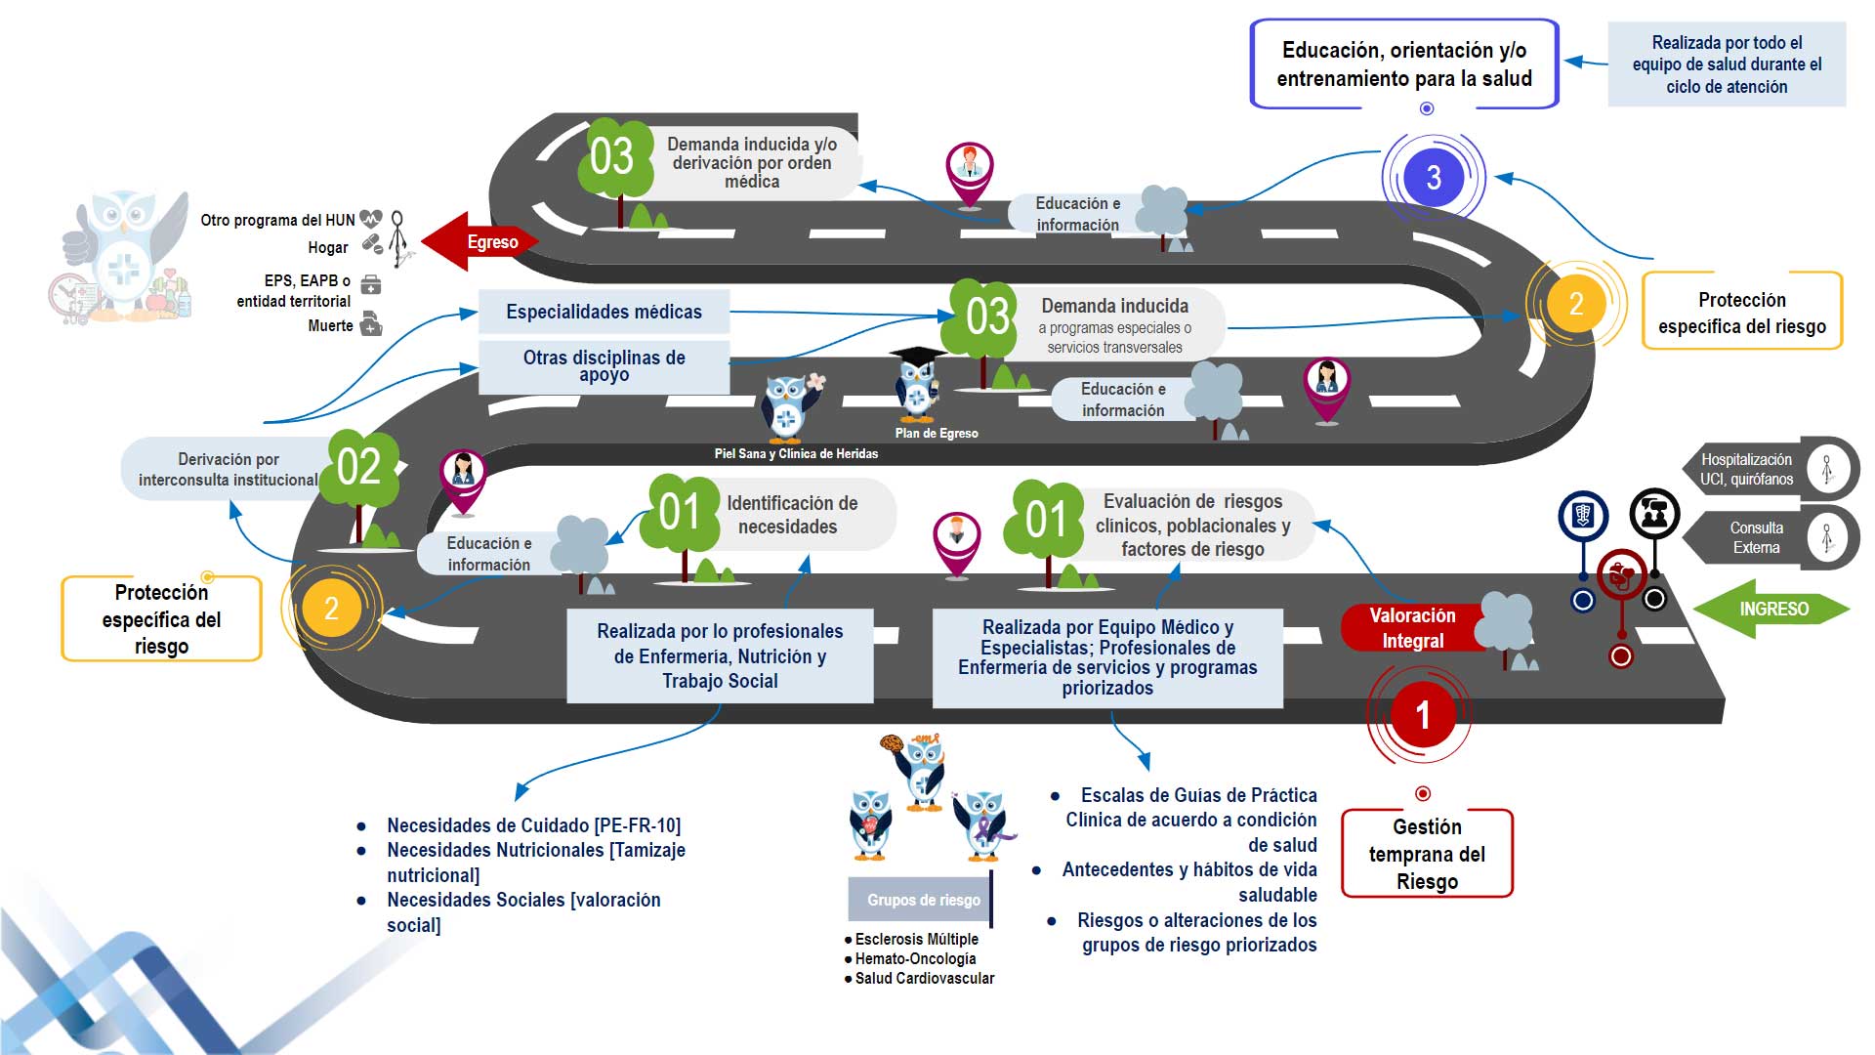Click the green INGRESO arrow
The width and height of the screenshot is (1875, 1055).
(x=1771, y=609)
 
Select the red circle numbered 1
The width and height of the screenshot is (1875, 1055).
(x=1422, y=715)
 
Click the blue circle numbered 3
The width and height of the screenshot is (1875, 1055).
(x=1433, y=177)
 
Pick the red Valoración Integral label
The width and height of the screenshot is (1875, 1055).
(x=1411, y=628)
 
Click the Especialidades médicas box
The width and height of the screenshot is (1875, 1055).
(x=604, y=312)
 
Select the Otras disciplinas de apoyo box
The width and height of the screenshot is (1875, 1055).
(x=604, y=366)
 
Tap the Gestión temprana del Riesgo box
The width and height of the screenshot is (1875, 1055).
(x=1427, y=854)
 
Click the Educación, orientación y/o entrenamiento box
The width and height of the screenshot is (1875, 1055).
(x=1404, y=64)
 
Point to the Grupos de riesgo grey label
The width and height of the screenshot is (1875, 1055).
(x=922, y=900)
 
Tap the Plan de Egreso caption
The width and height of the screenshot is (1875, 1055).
(x=936, y=433)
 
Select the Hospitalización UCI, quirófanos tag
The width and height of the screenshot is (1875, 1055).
(x=1746, y=469)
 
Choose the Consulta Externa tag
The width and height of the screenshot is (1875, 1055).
(x=1756, y=537)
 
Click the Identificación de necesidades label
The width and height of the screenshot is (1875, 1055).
(x=791, y=515)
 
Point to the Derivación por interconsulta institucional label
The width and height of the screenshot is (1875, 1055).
(x=228, y=469)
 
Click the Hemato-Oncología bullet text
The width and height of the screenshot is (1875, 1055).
(x=915, y=958)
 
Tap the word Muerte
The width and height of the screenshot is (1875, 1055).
(x=330, y=325)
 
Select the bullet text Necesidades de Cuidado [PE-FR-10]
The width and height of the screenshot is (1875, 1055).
(x=533, y=825)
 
